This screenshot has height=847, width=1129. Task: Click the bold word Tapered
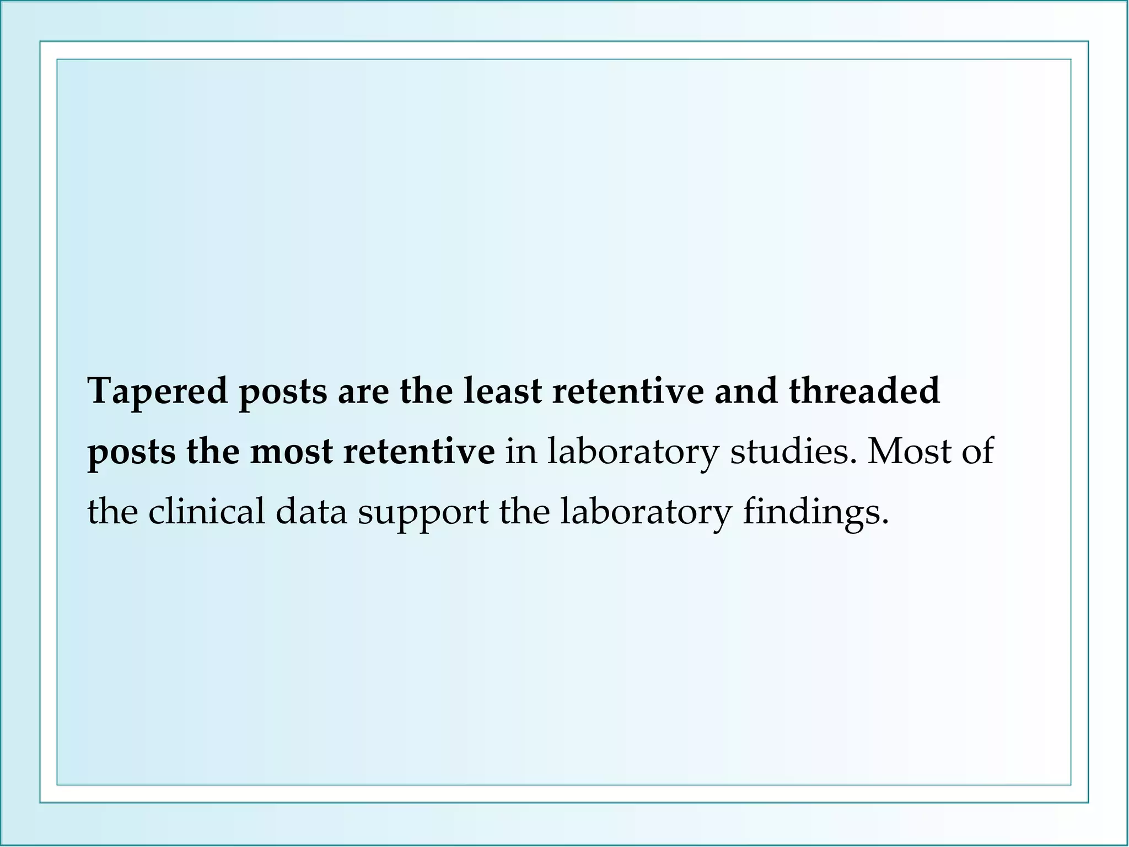tap(158, 392)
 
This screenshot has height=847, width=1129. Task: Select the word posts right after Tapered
tap(283, 392)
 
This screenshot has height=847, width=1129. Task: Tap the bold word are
tap(363, 392)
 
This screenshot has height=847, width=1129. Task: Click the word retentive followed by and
tap(628, 391)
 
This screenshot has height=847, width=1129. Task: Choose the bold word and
tap(746, 391)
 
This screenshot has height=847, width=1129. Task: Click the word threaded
tap(864, 391)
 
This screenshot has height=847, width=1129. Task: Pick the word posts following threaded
tap(131, 453)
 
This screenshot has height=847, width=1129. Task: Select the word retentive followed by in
tap(419, 452)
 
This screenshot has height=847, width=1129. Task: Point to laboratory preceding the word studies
tap(633, 453)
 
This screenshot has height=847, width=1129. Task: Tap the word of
tap(977, 452)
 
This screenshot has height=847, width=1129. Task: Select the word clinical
tap(206, 511)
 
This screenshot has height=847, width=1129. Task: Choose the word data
tap(311, 511)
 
